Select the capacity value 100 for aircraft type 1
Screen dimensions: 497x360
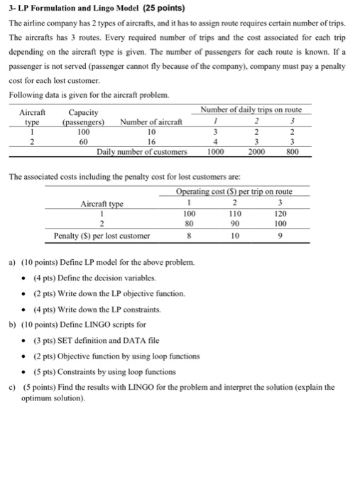tap(83, 131)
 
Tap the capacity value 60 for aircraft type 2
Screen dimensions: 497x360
tap(83, 141)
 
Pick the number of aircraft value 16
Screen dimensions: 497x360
tap(151, 141)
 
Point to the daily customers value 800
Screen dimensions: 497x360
tap(293, 151)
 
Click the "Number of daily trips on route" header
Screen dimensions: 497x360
tap(251, 110)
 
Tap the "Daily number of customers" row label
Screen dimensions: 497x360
tap(142, 151)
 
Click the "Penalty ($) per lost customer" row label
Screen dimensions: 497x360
tap(102, 235)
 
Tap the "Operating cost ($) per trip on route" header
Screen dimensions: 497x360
tap(243, 191)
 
